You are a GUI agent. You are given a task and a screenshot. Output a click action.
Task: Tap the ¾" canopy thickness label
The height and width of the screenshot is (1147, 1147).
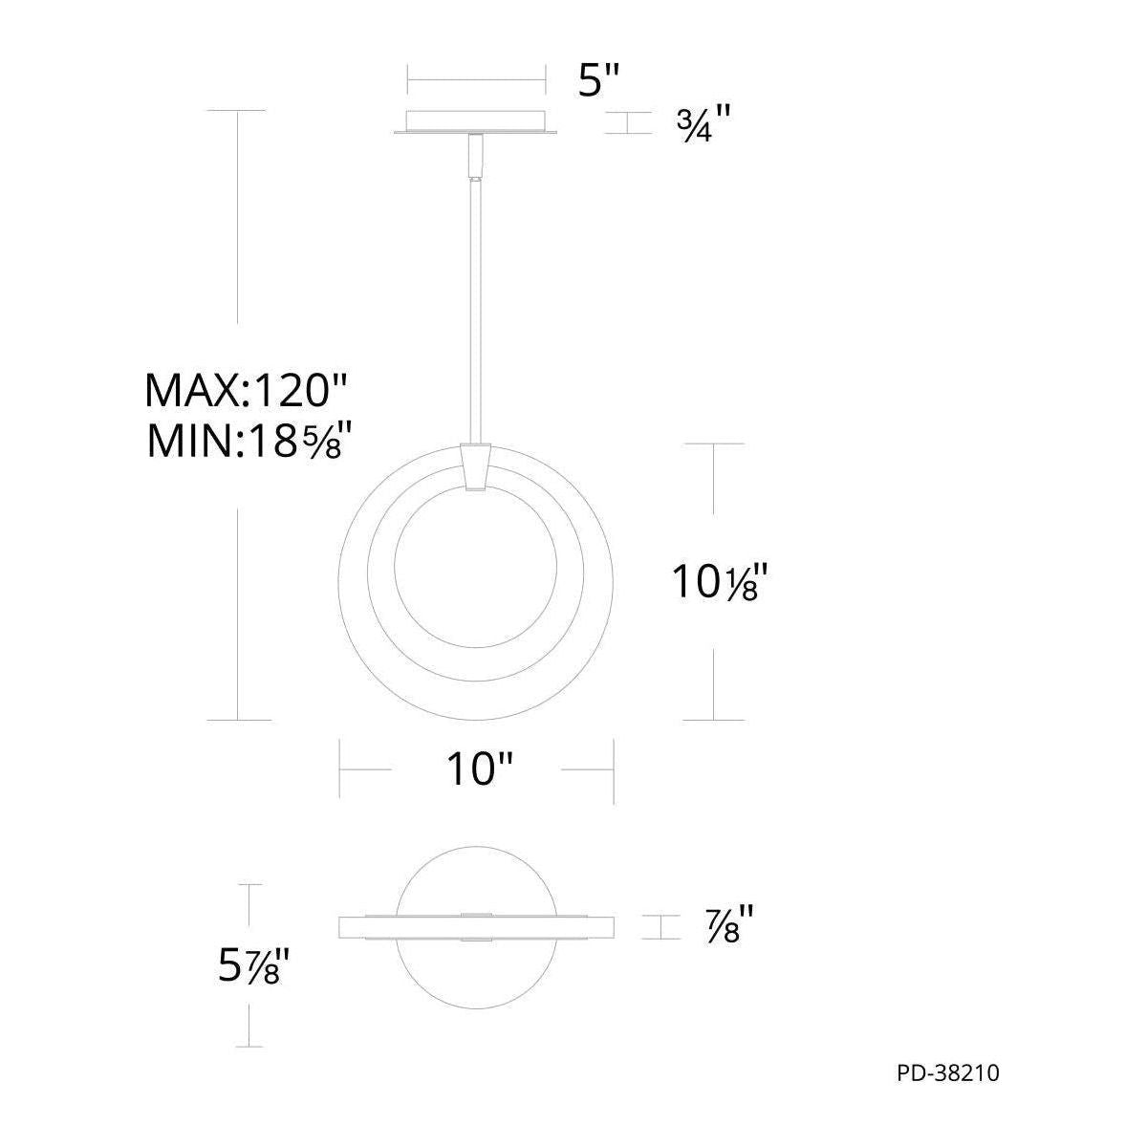[x=703, y=123]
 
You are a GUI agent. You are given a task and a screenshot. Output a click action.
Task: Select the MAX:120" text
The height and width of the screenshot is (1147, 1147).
[x=246, y=391]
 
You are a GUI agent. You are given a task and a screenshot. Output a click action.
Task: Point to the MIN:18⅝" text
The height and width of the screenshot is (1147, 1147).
[x=246, y=441]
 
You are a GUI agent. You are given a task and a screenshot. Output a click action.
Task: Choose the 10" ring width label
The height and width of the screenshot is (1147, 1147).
[x=480, y=769]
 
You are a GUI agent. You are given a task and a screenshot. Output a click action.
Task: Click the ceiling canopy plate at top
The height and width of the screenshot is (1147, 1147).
[x=476, y=122]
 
